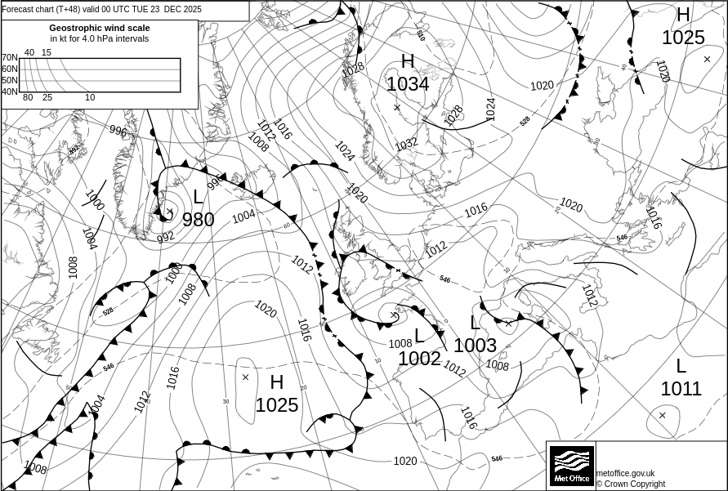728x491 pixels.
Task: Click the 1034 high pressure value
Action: pyautogui.click(x=407, y=83)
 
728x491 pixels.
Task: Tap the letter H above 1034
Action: pyautogui.click(x=408, y=61)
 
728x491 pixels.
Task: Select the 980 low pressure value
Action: pyautogui.click(x=198, y=219)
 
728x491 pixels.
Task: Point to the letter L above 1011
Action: pyautogui.click(x=681, y=366)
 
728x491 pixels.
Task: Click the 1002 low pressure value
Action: pyautogui.click(x=419, y=358)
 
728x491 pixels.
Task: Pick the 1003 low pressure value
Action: pyautogui.click(x=475, y=345)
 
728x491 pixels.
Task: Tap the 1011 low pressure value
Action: pyautogui.click(x=681, y=389)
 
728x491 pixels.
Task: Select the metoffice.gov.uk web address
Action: pyautogui.click(x=625, y=473)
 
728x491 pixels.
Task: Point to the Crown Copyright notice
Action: pyautogui.click(x=630, y=484)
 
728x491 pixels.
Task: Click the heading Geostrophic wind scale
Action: pyautogui.click(x=100, y=28)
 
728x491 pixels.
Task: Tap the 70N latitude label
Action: pyautogui.click(x=10, y=58)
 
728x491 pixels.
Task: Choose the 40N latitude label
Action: pyautogui.click(x=10, y=92)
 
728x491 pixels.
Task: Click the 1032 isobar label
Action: pyautogui.click(x=406, y=144)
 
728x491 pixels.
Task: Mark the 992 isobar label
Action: pyautogui.click(x=166, y=237)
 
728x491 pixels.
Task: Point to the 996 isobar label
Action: pyautogui.click(x=118, y=131)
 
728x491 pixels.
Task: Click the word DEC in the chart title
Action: pyautogui.click(x=174, y=10)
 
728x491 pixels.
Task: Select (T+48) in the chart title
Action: pyautogui.click(x=70, y=10)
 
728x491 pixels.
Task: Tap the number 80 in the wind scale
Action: pyautogui.click(x=28, y=98)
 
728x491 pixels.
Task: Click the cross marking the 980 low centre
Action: pyautogui.click(x=169, y=212)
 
